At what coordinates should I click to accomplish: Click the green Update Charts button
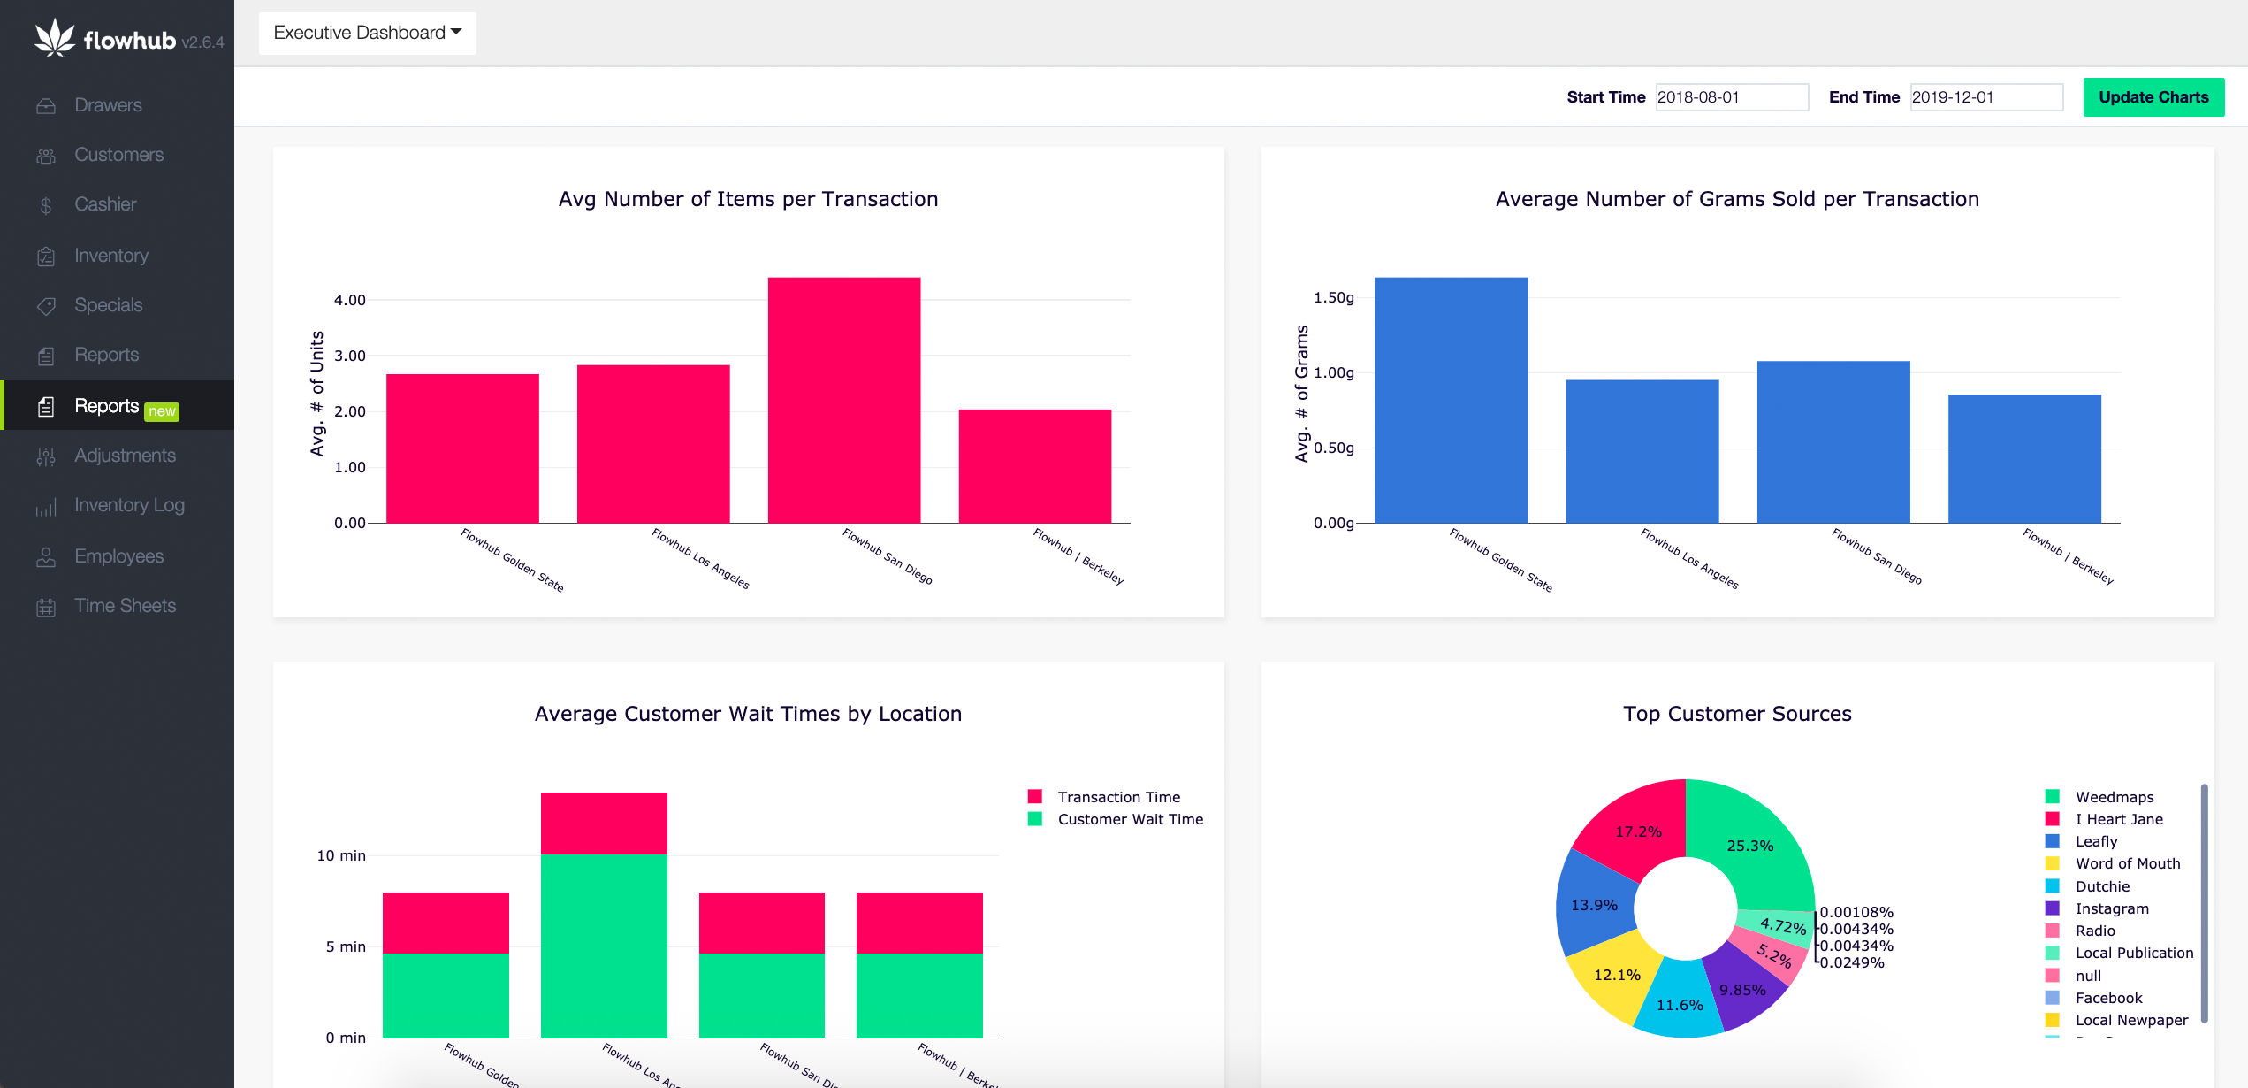pos(2153,97)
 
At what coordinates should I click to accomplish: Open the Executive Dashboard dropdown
pos(367,34)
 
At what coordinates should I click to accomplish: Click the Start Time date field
pos(1731,97)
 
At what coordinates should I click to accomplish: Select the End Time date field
pos(1985,97)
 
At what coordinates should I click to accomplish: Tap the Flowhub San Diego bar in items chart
pos(843,400)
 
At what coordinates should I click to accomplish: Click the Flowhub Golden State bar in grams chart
pos(1450,400)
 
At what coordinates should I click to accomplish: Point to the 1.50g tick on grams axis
pos(1333,298)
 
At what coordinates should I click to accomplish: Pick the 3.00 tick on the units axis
pos(349,356)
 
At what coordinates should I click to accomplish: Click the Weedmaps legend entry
pos(2114,797)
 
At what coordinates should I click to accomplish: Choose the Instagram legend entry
pos(2111,908)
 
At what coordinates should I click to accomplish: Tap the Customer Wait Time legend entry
pos(1130,819)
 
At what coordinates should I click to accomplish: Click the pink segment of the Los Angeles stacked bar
pos(604,823)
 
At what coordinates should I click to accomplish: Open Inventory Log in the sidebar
pos(129,505)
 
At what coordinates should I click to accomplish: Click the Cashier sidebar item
pos(105,204)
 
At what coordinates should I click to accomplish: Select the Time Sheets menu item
pos(125,606)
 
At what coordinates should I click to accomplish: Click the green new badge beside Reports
pos(162,411)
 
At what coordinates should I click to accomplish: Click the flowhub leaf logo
pos(55,38)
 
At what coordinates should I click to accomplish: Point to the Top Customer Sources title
pos(1736,714)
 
